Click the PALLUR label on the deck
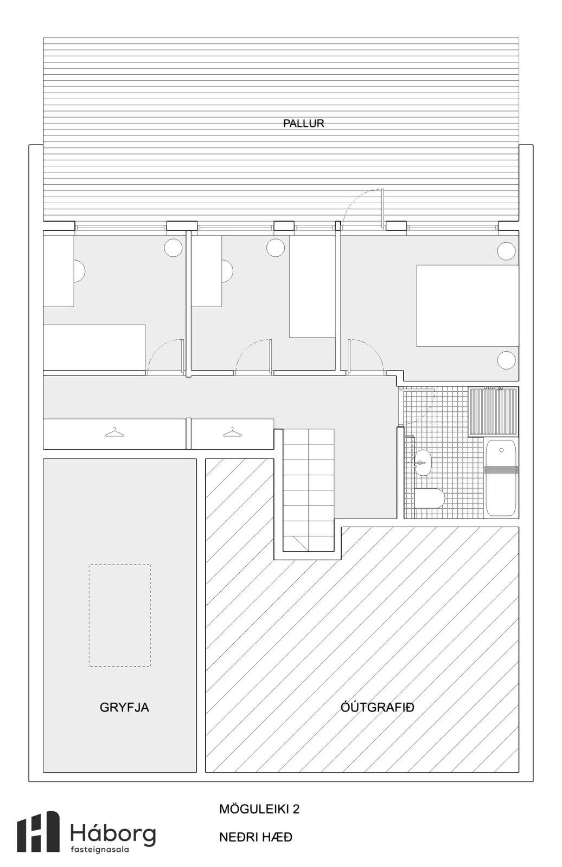(303, 124)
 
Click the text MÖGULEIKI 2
(259, 809)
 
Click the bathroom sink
(423, 462)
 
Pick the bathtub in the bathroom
(502, 477)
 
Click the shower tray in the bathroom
(494, 411)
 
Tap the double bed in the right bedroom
(468, 306)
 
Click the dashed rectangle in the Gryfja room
(120, 616)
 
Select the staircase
(308, 490)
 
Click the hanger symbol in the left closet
(114, 432)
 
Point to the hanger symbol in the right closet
(233, 432)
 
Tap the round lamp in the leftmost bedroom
(173, 247)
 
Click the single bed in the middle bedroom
(312, 287)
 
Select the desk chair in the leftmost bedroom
(79, 270)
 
